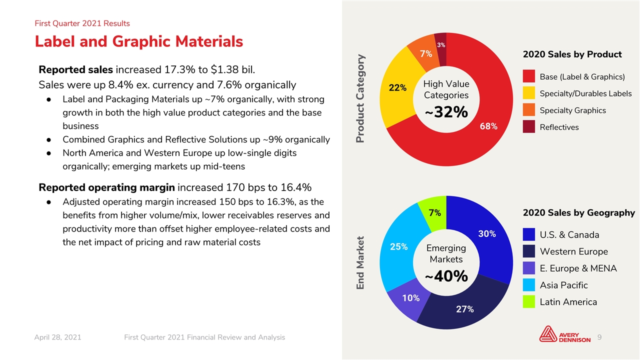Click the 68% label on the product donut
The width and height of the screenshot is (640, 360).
(x=488, y=126)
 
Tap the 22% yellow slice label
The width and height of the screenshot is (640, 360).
(x=397, y=87)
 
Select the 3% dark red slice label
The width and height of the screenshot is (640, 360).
(x=441, y=45)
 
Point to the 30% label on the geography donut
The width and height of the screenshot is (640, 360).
(x=487, y=233)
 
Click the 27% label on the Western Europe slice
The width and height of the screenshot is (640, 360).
(x=465, y=309)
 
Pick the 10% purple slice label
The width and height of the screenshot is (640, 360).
(x=411, y=298)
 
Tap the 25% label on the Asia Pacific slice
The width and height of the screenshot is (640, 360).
(x=399, y=246)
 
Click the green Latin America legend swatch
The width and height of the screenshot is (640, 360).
(x=529, y=301)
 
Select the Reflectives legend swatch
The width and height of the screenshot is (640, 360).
(x=529, y=126)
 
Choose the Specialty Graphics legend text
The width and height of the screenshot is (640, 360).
(x=572, y=110)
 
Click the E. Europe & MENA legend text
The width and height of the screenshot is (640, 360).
(x=578, y=268)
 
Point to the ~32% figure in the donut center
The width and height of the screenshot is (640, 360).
(x=446, y=112)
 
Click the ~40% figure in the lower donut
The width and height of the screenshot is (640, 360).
(x=446, y=276)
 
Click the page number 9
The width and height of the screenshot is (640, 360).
(x=599, y=337)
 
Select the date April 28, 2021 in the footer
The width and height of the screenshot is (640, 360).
(x=57, y=337)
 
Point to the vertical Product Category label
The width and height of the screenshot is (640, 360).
(x=360, y=98)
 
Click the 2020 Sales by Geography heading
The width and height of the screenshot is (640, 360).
(x=579, y=213)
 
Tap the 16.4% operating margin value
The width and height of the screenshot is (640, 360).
(x=296, y=187)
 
